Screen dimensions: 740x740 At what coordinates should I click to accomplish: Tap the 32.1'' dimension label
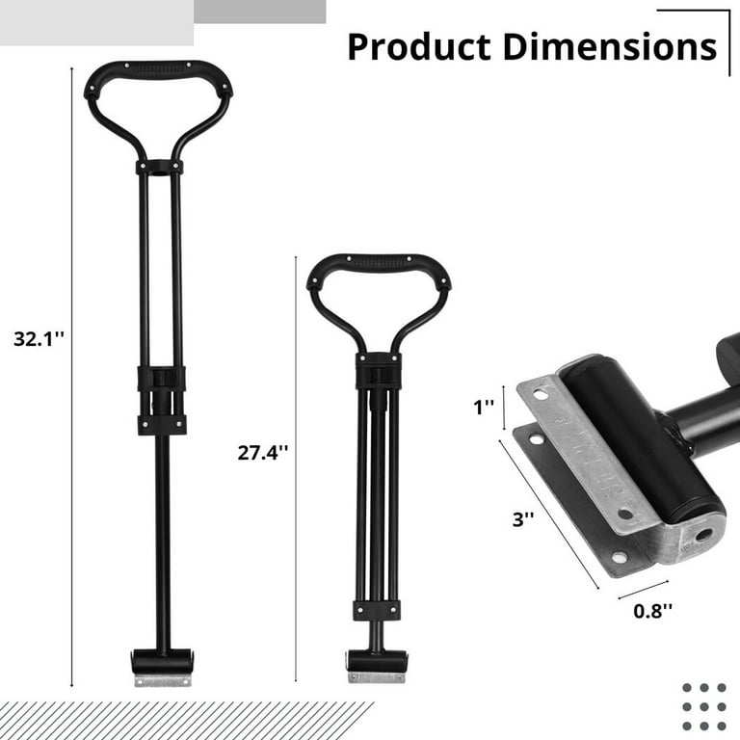tap(38, 338)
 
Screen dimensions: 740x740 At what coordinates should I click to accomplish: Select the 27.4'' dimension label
tap(262, 452)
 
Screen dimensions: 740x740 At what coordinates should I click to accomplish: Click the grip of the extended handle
tap(158, 71)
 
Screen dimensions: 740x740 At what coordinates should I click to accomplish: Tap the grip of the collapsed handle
tap(378, 263)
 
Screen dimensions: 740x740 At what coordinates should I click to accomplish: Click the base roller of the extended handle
tap(162, 662)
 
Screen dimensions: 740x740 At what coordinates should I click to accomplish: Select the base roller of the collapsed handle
tap(376, 662)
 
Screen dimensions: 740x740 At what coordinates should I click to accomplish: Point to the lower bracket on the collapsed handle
tap(376, 610)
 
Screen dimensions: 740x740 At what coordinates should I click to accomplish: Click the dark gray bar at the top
tap(260, 11)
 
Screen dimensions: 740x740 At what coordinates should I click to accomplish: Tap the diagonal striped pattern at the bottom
tap(183, 720)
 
